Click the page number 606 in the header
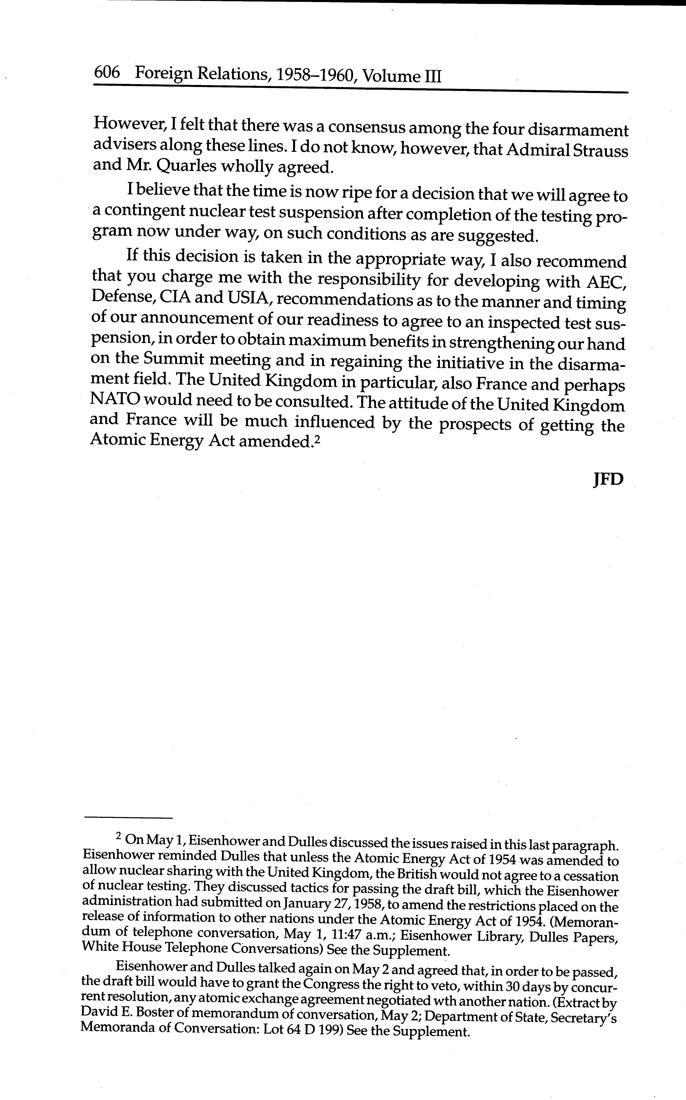click(x=107, y=73)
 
